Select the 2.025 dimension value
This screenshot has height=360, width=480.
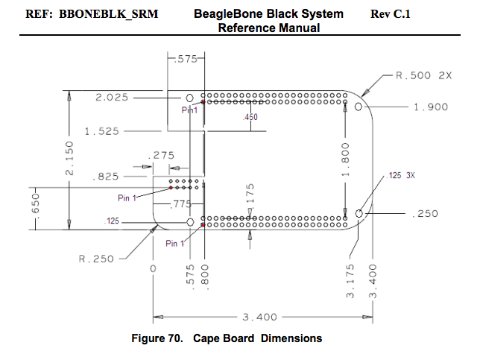(x=112, y=96)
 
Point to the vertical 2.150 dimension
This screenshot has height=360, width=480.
(x=69, y=158)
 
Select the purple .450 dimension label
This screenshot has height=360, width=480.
(x=250, y=118)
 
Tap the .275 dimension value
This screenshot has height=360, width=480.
(x=161, y=156)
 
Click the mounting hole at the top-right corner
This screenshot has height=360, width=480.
(x=359, y=107)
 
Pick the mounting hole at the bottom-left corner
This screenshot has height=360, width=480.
(x=190, y=222)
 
